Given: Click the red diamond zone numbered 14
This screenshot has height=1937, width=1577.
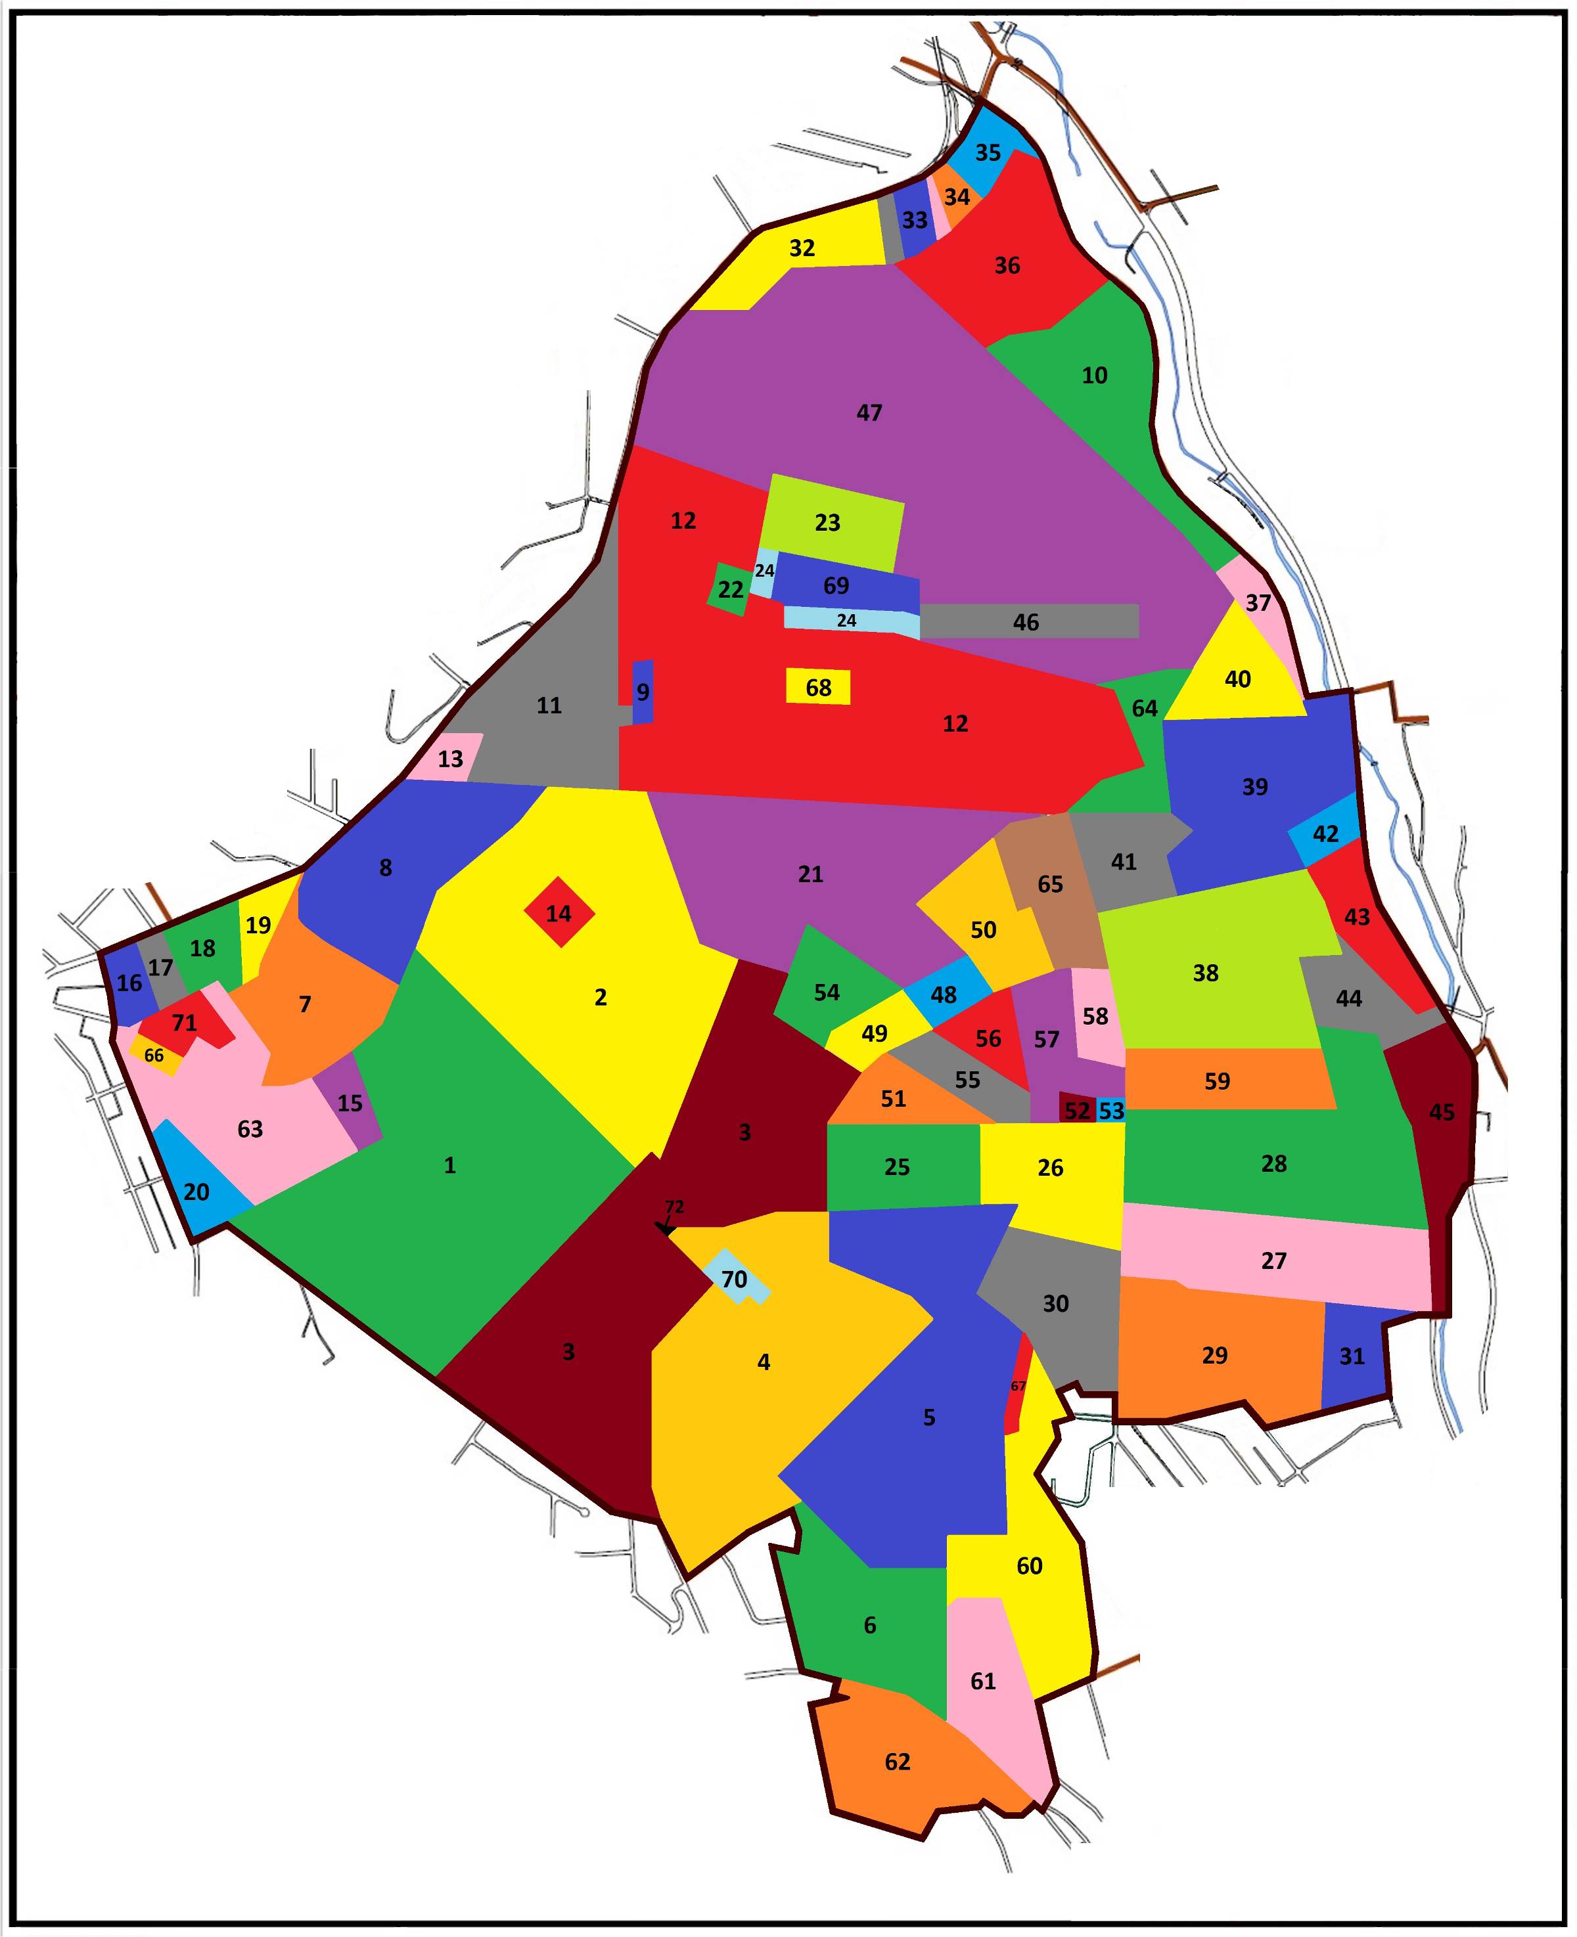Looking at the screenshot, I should click(559, 912).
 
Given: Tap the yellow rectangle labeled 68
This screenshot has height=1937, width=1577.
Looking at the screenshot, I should click(817, 688).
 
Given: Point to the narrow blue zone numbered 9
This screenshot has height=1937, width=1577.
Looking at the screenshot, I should click(642, 692).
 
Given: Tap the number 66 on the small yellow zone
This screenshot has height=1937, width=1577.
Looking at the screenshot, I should click(154, 1056).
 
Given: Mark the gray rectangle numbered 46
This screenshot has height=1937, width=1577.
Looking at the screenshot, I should click(1026, 622).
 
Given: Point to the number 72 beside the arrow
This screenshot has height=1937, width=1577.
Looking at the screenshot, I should click(674, 1207).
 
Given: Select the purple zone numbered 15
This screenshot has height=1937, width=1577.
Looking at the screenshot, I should click(349, 1103).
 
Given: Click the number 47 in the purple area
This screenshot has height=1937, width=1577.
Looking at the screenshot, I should click(869, 413).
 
